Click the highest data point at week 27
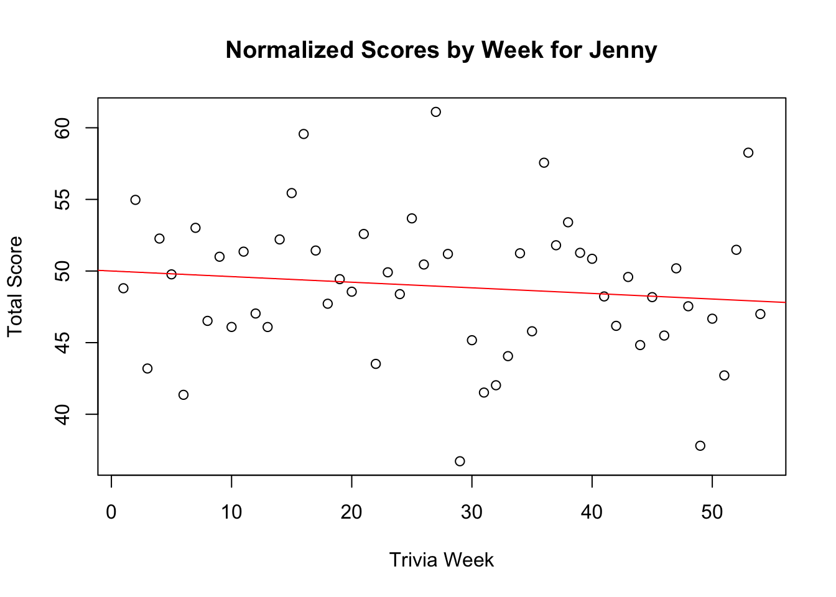click(436, 112)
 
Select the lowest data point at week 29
click(460, 461)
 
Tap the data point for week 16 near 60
click(304, 134)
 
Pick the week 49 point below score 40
click(700, 446)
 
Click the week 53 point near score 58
click(748, 153)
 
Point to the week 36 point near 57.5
click(544, 163)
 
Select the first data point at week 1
click(123, 288)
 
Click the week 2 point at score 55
click(136, 200)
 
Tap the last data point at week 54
click(760, 314)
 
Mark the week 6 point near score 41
click(183, 395)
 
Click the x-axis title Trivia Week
click(441, 560)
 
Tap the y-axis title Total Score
click(15, 287)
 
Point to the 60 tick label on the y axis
click(63, 127)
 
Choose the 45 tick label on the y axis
click(63, 343)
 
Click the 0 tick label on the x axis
click(111, 513)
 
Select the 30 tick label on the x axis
click(471, 513)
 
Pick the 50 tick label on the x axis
click(712, 513)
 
